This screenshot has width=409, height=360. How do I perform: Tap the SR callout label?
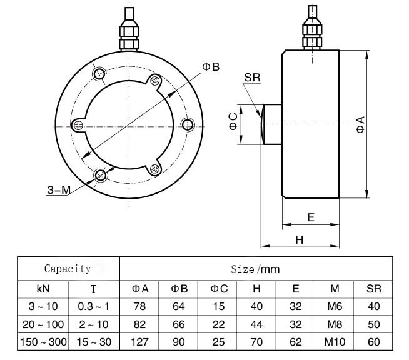click(252, 77)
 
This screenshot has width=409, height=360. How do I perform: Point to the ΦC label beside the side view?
click(233, 121)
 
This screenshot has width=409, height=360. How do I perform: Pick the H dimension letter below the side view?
click(299, 239)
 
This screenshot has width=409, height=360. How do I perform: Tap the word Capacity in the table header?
click(68, 269)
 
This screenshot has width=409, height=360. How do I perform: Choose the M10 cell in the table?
click(335, 342)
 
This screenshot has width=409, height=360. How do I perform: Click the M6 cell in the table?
click(335, 307)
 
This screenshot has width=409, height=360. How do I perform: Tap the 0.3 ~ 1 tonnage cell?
click(93, 307)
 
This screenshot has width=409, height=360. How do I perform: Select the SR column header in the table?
click(374, 289)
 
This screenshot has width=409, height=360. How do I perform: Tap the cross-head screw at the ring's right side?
click(186, 123)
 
